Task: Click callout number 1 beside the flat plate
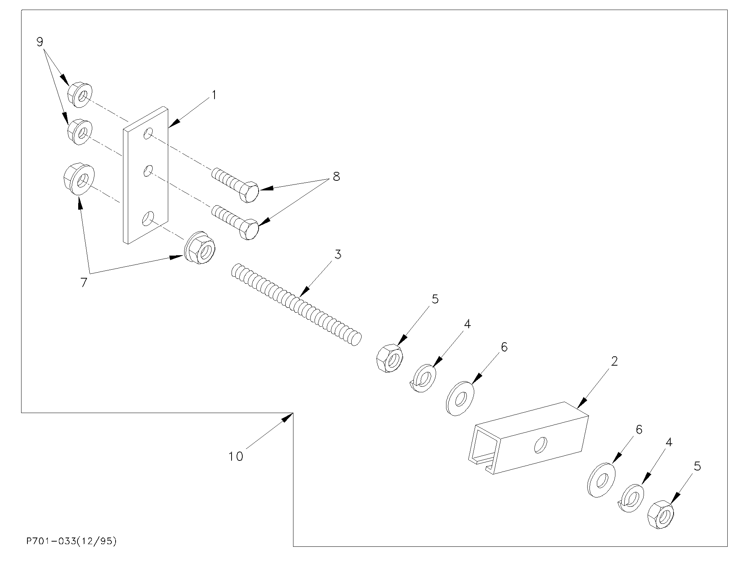(213, 95)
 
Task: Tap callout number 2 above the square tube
(614, 361)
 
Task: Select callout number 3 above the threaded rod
(338, 254)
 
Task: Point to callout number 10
(236, 456)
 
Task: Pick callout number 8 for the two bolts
(336, 176)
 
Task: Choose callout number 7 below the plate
(84, 283)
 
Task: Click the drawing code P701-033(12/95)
(72, 541)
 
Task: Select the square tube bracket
(528, 438)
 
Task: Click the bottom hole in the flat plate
(147, 219)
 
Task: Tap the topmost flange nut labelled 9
(80, 95)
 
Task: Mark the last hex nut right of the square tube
(661, 514)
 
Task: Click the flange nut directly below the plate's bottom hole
(200, 247)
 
